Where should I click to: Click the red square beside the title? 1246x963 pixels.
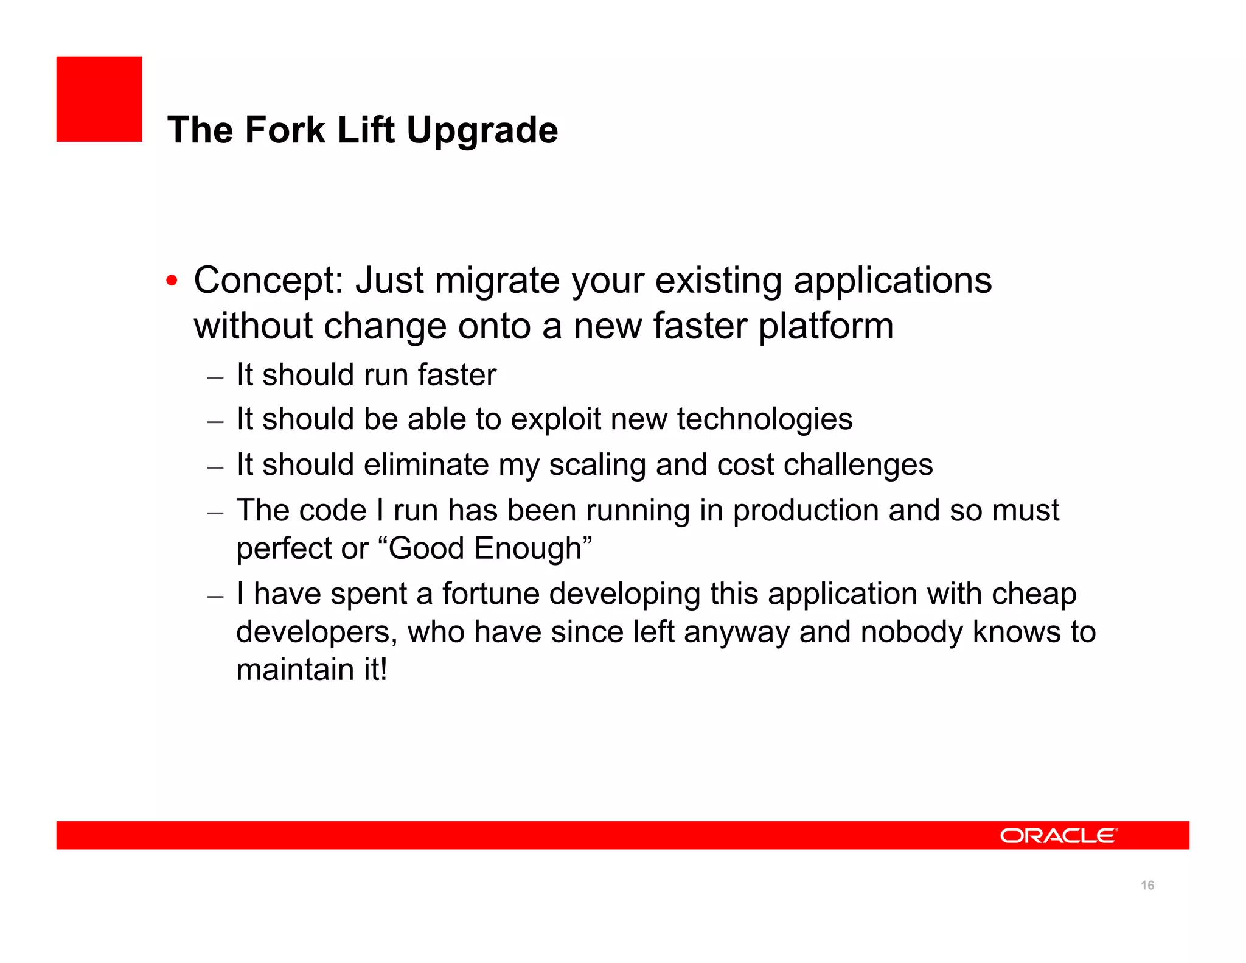pos(99,99)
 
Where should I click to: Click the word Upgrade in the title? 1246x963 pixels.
pos(482,130)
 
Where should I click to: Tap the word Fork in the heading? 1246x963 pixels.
pos(285,130)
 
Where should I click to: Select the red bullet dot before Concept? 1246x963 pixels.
pos(172,281)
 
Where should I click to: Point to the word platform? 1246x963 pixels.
pos(826,326)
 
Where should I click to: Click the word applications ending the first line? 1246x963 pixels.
pos(893,281)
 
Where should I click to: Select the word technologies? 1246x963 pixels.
pos(765,419)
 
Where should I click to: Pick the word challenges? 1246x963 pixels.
pos(858,465)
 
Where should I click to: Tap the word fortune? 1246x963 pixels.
pos(490,594)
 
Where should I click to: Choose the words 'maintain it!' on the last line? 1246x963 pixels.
pos(311,670)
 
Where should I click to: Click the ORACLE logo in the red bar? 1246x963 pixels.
pos(1058,836)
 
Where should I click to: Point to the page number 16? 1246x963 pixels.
pos(1147,886)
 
